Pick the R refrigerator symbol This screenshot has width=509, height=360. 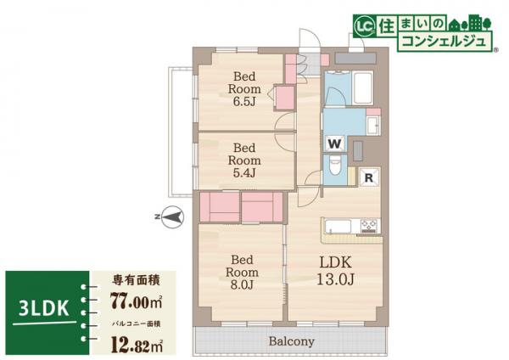(370, 177)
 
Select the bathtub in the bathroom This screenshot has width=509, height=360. (362, 88)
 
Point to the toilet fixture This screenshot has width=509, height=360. (336, 166)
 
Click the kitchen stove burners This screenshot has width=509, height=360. (369, 226)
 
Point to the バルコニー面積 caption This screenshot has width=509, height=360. (135, 323)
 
